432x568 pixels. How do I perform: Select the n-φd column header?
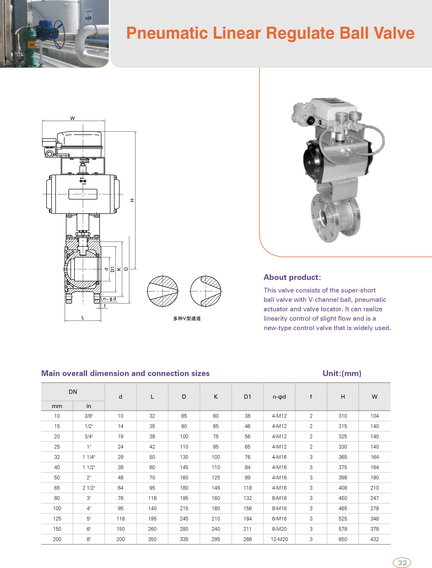(279, 396)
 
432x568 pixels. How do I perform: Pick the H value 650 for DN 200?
(343, 539)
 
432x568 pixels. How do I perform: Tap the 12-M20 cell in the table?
(279, 539)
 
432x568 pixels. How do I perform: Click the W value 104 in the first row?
(375, 416)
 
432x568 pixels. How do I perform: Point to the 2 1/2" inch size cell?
(89, 487)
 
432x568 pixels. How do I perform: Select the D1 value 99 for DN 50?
(247, 477)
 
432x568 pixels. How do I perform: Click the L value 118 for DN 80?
(152, 498)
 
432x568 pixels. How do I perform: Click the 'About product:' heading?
(292, 277)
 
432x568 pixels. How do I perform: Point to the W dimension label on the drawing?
(73, 118)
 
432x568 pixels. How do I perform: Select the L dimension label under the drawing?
(83, 318)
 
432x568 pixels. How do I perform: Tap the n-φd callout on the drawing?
(109, 299)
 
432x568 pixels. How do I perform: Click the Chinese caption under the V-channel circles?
(187, 318)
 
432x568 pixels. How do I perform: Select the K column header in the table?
(216, 396)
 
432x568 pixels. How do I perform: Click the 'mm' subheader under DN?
(57, 406)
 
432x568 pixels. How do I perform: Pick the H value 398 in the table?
(343, 477)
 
